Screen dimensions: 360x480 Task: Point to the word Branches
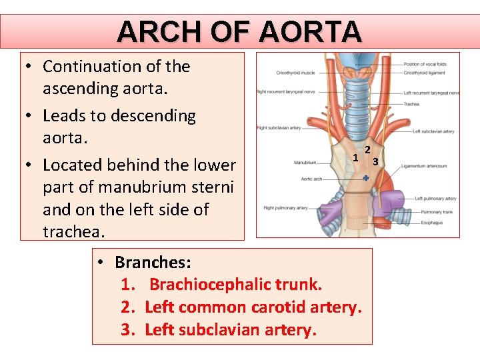[x=153, y=262]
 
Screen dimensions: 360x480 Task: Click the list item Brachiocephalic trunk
[x=235, y=285]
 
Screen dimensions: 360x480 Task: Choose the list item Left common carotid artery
[x=253, y=307]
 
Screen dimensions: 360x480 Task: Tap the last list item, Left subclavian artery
[x=230, y=330]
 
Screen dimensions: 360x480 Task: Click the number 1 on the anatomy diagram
[x=356, y=158]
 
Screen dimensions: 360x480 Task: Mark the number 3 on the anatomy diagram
[x=375, y=161]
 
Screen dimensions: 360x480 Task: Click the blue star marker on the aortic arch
[x=366, y=179]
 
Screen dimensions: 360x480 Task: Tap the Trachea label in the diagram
[x=411, y=104]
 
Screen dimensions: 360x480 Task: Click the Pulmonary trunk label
[x=436, y=212]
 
